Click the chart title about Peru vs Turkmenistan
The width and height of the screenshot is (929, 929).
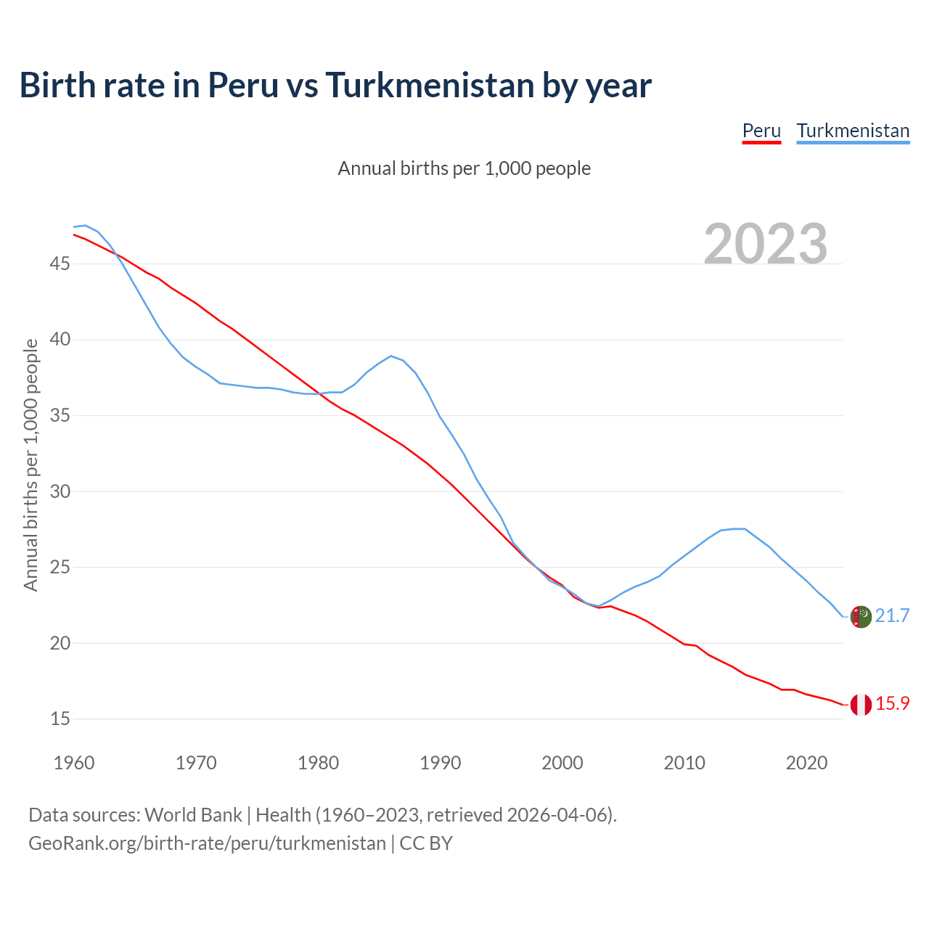(x=335, y=86)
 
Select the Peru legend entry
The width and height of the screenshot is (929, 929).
(x=761, y=131)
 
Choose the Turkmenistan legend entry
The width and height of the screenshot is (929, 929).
(x=853, y=131)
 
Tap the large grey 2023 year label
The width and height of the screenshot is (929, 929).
(x=766, y=244)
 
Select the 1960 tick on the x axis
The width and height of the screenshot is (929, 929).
(x=74, y=763)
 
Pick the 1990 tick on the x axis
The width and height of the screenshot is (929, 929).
(x=441, y=763)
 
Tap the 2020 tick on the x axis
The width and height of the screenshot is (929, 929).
(x=806, y=763)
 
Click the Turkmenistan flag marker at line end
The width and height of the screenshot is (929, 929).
(x=861, y=616)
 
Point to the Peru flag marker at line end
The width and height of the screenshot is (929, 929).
(x=861, y=705)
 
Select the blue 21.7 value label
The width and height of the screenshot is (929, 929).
(x=892, y=616)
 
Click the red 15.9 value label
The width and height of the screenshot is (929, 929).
(x=892, y=704)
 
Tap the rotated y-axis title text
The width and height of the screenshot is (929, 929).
(x=30, y=464)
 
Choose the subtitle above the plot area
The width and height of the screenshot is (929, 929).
(x=464, y=168)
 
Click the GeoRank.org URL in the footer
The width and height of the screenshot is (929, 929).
(x=207, y=843)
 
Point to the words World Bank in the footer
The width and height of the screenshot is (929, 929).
(x=193, y=815)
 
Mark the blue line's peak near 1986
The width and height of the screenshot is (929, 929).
(x=391, y=356)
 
